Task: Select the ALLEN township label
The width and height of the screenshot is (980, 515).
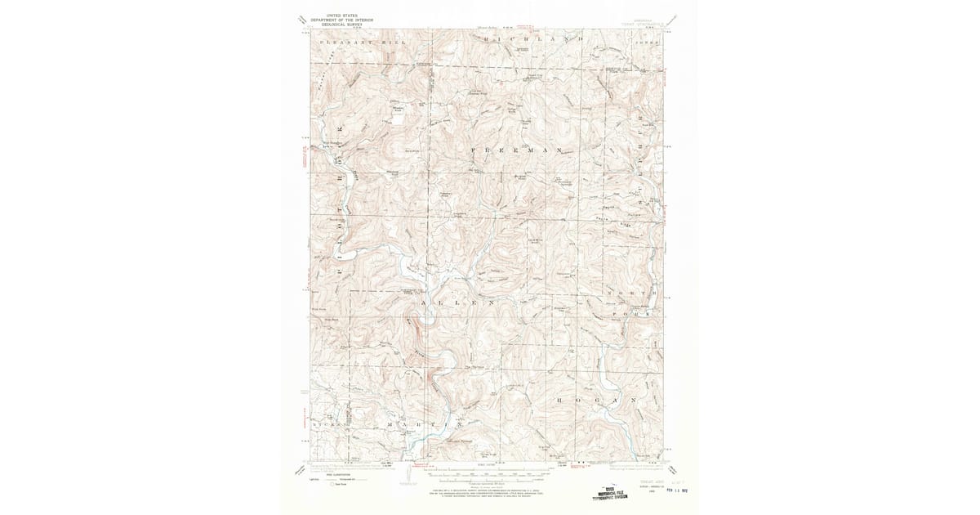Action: pyautogui.click(x=457, y=302)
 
